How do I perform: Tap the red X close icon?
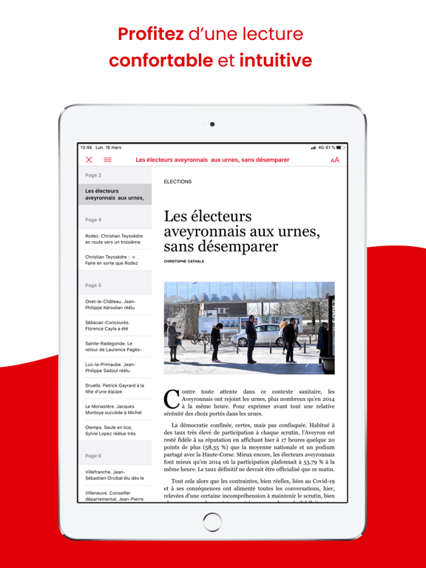pos(89,160)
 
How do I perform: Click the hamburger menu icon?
pos(107,160)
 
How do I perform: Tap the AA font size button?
pos(335,160)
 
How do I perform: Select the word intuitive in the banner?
pos(275,61)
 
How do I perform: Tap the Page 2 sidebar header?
pos(93,175)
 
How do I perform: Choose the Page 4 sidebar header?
pos(93,220)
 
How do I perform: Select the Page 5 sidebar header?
pos(93,285)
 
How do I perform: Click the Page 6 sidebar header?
pos(93,456)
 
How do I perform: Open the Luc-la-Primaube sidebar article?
pos(111,368)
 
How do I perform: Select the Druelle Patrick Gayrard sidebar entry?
pos(114,389)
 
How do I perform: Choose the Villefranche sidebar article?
pos(114,475)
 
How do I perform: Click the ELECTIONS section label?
pos(177,181)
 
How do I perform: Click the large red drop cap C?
pos(171,399)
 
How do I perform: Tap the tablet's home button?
pos(212,521)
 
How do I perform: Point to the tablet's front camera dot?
pos(212,124)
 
